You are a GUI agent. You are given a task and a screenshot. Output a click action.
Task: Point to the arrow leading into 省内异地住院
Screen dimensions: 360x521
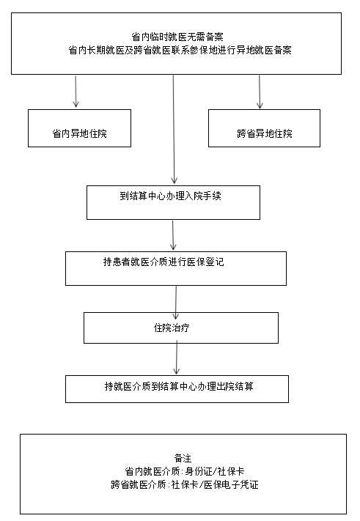pos(76,92)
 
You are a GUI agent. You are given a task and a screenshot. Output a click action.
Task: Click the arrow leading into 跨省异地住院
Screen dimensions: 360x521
pos(260,92)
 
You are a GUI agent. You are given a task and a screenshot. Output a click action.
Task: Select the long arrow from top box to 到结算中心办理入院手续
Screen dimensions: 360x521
pos(174,130)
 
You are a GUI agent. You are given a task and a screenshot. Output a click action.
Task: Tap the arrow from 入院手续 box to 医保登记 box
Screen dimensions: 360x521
pos(173,235)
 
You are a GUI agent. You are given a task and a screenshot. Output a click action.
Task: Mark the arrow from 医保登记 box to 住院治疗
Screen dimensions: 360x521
pos(176,303)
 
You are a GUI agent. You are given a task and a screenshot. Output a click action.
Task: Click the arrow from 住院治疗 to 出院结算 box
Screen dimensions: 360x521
pos(177,358)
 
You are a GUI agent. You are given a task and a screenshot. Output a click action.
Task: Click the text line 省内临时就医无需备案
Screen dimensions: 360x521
pos(177,37)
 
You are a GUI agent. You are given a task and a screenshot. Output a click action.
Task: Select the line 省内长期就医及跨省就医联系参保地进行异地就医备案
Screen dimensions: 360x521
pos(180,50)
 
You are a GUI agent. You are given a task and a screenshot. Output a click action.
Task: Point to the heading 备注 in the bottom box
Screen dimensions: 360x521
pos(183,458)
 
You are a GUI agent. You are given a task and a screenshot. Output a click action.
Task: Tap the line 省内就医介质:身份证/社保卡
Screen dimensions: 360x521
pos(185,471)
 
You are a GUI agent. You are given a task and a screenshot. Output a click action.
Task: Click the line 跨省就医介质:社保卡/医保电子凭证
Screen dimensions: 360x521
pos(185,484)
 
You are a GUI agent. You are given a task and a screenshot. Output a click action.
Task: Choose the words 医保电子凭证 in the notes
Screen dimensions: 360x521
pos(231,484)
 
